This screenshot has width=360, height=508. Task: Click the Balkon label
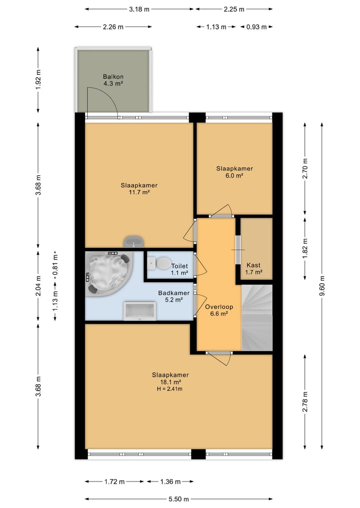coord(113,77)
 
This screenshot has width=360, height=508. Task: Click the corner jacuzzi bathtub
coord(108,274)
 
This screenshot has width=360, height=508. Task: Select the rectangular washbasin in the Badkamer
coord(140,311)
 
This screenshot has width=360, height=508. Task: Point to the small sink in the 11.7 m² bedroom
coord(133,242)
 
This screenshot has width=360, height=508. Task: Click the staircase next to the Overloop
coord(257,318)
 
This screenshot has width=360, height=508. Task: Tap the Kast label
coord(253,265)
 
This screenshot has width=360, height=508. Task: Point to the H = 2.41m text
coord(169,389)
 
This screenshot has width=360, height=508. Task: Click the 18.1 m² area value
coord(170,382)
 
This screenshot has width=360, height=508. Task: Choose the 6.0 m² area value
coord(234,176)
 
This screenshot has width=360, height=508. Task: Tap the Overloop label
coord(219,307)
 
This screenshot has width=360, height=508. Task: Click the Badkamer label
coord(174,293)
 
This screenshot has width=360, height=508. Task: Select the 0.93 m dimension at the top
coord(256,27)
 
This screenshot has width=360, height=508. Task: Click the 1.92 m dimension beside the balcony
coord(38,80)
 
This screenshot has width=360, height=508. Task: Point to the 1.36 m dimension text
coord(170,482)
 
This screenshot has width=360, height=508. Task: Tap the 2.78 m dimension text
coord(305,402)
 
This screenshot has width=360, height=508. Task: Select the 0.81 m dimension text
coord(55,264)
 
